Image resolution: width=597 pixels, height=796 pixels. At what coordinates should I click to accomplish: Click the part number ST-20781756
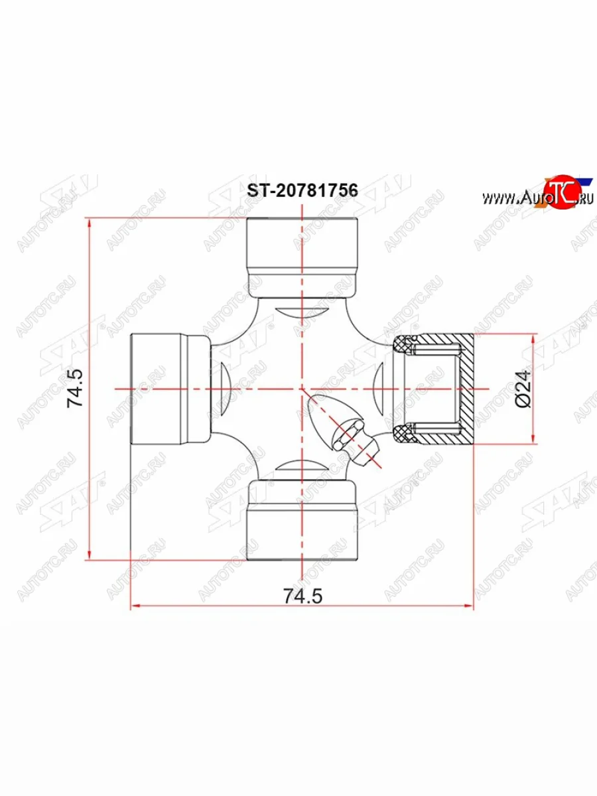pos(302,190)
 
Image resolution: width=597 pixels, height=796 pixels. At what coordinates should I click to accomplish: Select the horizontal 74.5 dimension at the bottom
pos(302,596)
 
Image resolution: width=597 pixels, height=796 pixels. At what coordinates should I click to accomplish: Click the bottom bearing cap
pos(302,522)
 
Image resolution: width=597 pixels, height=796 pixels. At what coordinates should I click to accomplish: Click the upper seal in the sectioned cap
pos(402,345)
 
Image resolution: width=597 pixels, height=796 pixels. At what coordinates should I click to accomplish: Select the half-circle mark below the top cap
pos(302,312)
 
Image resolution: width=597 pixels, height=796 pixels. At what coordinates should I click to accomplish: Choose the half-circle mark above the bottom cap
pos(302,467)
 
